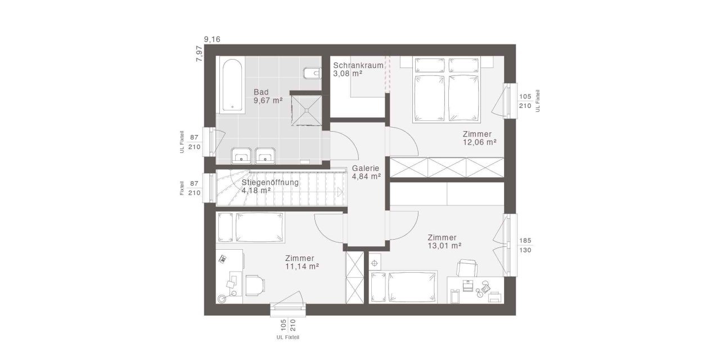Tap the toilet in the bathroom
(x=310, y=74)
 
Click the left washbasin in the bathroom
(x=241, y=155)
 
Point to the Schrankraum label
(x=358, y=65)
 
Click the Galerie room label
(x=366, y=168)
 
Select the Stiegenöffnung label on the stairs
(x=270, y=182)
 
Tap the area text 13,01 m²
(x=444, y=246)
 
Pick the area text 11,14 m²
(x=302, y=266)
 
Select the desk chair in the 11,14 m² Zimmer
(x=255, y=283)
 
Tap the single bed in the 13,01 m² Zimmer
(x=403, y=287)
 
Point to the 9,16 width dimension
(x=212, y=39)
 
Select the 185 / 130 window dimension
(x=525, y=245)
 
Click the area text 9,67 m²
(x=268, y=101)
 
